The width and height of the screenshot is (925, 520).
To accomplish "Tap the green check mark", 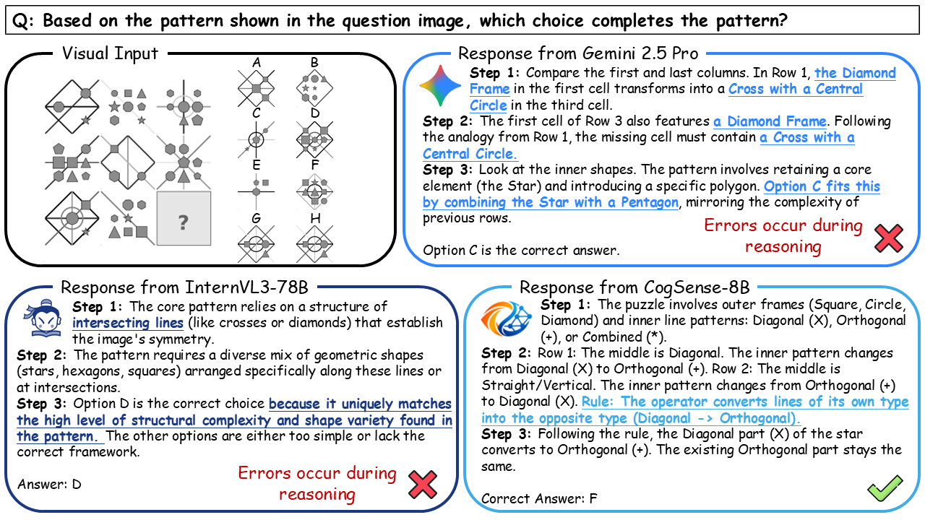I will click(885, 489).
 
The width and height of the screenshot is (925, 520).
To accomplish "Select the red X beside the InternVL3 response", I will click(423, 484).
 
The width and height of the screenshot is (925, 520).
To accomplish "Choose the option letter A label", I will click(257, 63).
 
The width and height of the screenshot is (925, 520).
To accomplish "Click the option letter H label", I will click(314, 218).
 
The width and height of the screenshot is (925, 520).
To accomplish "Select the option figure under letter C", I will click(256, 139).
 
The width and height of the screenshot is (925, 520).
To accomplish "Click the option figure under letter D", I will click(314, 139).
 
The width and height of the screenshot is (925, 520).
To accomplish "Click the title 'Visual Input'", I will click(110, 53).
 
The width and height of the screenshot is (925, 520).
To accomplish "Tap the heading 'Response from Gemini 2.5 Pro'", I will click(578, 53).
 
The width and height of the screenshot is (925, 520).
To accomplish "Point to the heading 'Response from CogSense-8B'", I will click(634, 287).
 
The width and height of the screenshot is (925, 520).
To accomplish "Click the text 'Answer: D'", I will click(49, 484).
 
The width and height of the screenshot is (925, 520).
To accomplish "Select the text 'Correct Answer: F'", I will click(539, 498).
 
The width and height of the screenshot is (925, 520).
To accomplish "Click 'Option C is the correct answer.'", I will click(521, 251).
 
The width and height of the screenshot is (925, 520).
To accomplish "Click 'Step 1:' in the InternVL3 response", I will click(97, 307).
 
